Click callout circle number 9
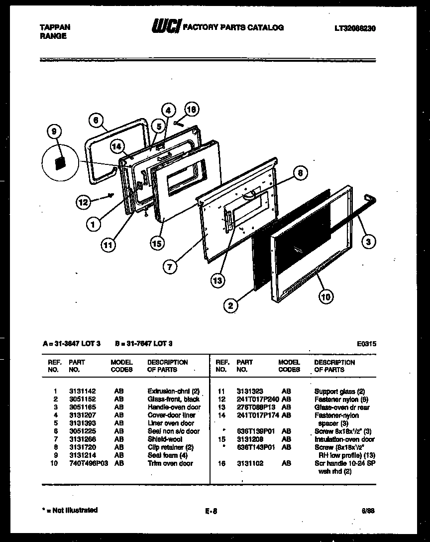54,132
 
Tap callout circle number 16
191,109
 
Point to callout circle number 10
325,297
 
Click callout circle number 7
170,267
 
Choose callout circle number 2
230,306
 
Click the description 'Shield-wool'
165,439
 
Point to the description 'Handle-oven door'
174,407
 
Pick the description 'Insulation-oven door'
344,439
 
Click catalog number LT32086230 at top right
355,28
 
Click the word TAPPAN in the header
55,28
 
